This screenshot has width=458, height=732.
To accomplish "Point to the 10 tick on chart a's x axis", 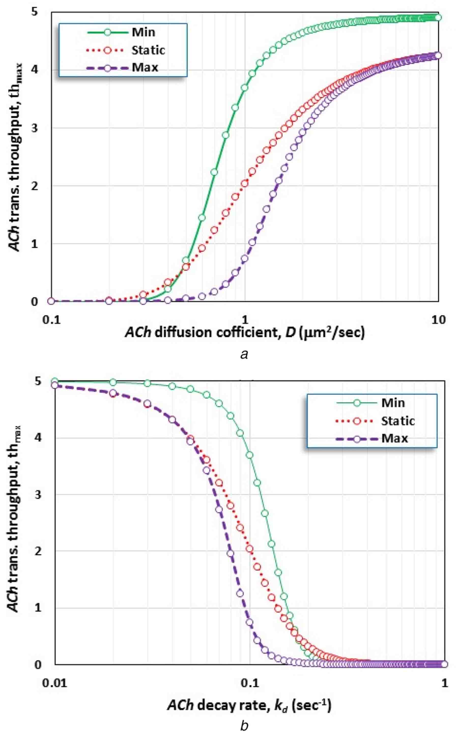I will (x=438, y=320).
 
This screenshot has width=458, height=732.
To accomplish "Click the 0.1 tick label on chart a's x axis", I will (x=51, y=320).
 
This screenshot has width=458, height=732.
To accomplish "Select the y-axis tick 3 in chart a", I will (x=35, y=128).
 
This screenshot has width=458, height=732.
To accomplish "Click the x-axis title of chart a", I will (x=245, y=333).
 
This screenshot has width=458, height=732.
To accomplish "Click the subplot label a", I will (x=244, y=354).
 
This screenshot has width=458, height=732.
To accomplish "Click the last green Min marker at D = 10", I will (x=438, y=18).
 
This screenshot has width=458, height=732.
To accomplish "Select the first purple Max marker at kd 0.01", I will (x=54, y=385).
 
